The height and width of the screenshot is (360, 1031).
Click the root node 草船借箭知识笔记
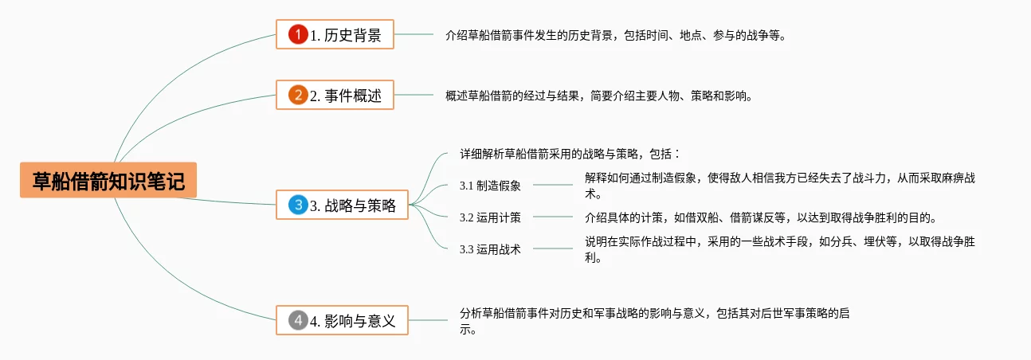coord(108,181)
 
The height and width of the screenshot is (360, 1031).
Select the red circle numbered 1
coord(298,34)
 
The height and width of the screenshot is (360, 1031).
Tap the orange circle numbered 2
coord(298,96)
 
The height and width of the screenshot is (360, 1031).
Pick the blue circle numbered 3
coord(298,205)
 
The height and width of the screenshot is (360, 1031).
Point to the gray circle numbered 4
coord(298,321)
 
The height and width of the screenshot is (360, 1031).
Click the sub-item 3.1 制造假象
coord(490,186)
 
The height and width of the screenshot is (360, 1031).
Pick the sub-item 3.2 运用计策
coord(490,217)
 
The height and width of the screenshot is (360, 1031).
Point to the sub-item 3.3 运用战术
coord(490,249)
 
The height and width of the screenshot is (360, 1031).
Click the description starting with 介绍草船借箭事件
coord(616,35)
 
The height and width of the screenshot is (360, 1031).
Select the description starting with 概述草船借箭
coord(598,96)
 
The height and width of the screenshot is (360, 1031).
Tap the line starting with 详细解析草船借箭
coord(570,154)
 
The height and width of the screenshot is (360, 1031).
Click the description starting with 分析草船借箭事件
coord(653,314)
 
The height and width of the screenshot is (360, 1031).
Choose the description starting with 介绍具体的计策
coord(761,217)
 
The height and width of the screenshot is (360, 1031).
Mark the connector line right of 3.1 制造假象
coord(552,185)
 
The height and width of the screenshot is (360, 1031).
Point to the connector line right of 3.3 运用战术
coord(552,248)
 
